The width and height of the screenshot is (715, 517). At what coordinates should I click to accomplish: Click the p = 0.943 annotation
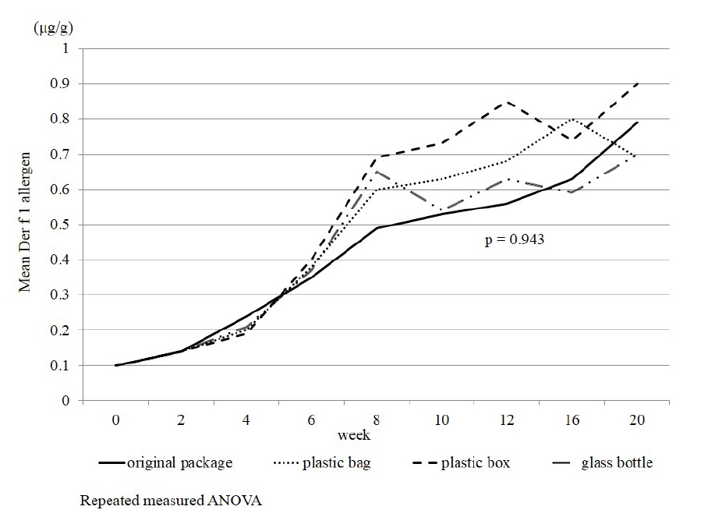[514, 241]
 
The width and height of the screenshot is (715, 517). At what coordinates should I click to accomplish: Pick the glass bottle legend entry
[617, 463]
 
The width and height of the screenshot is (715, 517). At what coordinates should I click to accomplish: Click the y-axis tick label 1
[66, 48]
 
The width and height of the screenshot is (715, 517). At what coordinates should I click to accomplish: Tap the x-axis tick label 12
[508, 420]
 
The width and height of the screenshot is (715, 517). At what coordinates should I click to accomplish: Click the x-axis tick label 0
[115, 420]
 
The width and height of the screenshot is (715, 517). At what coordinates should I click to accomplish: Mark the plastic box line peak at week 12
[508, 102]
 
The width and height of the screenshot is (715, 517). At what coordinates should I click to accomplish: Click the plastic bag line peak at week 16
[573, 119]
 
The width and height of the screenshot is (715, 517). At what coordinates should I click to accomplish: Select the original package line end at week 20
[639, 122]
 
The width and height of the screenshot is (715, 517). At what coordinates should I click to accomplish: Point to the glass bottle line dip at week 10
[442, 211]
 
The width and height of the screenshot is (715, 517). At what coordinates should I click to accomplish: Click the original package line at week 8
[377, 228]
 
